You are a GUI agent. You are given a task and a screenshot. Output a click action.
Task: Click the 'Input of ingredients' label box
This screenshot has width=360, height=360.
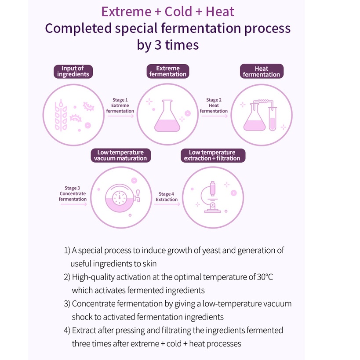pyautogui.click(x=73, y=71)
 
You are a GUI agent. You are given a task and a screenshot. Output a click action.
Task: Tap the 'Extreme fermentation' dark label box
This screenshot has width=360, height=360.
pyautogui.click(x=168, y=71)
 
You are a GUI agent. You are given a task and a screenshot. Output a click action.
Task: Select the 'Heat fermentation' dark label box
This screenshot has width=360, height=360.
pyautogui.click(x=262, y=71)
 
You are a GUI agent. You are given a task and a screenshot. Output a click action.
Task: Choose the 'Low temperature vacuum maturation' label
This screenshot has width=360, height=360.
pyautogui.click(x=120, y=156)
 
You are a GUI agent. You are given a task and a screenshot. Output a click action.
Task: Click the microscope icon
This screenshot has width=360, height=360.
pyautogui.click(x=211, y=198)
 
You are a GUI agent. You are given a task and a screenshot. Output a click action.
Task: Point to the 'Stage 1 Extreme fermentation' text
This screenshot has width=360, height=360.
pyautogui.click(x=120, y=105)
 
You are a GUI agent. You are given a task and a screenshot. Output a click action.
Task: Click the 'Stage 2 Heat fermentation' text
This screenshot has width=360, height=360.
pyautogui.click(x=214, y=105)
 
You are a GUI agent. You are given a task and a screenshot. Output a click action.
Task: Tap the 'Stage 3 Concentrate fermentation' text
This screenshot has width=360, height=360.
pyautogui.click(x=73, y=193)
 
